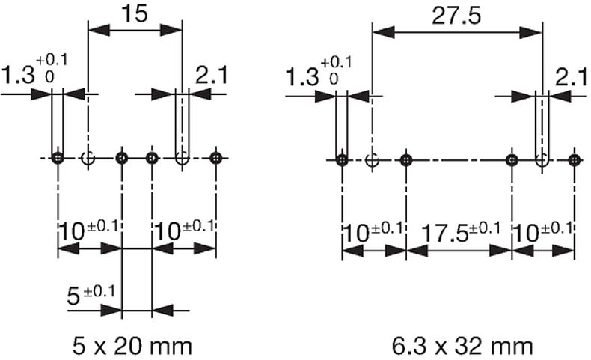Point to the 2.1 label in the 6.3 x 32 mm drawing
(x=572, y=76)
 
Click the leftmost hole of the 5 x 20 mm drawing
(x=58, y=158)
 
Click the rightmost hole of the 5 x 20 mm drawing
(x=215, y=158)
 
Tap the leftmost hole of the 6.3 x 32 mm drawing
(x=342, y=159)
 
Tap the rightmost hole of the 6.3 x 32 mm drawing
(x=574, y=159)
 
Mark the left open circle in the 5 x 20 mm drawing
(x=88, y=158)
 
